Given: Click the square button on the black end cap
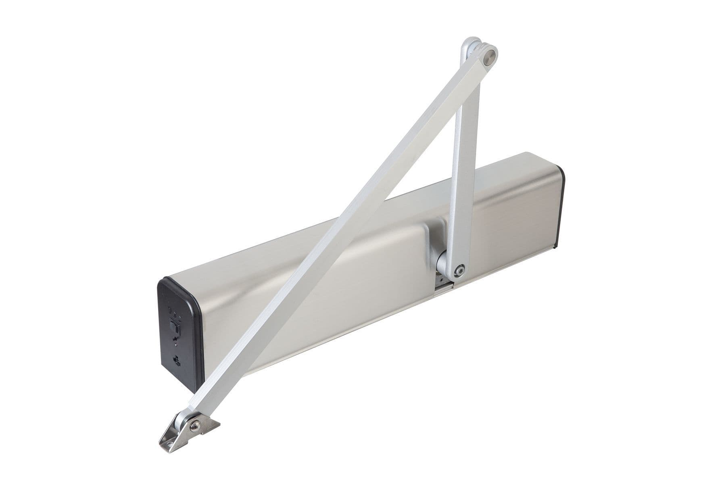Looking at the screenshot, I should [175, 325].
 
